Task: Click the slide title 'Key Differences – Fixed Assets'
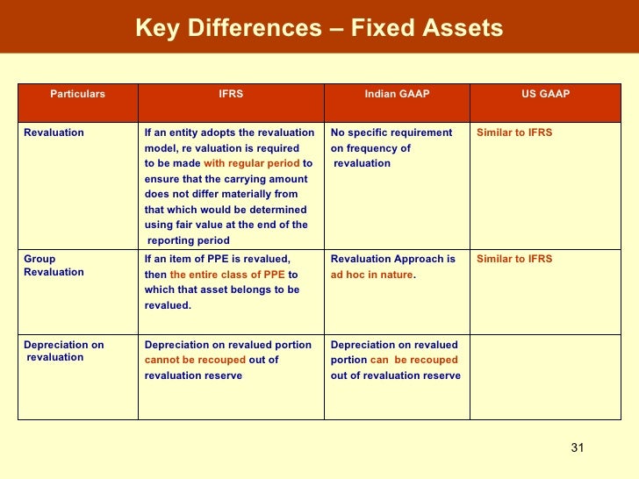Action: [319, 28]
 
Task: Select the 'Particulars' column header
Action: [77, 93]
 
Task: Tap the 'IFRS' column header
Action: [231, 93]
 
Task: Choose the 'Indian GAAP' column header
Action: [397, 93]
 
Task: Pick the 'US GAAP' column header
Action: [545, 93]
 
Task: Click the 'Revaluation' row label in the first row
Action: [54, 132]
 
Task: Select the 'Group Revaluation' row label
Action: [54, 266]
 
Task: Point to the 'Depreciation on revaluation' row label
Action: [63, 351]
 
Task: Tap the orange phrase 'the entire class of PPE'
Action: [227, 275]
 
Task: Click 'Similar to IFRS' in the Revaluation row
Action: [514, 132]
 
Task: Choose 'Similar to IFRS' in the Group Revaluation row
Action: [514, 259]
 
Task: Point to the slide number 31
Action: [577, 448]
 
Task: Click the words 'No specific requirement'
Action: [391, 132]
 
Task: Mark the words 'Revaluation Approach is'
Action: [392, 259]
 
